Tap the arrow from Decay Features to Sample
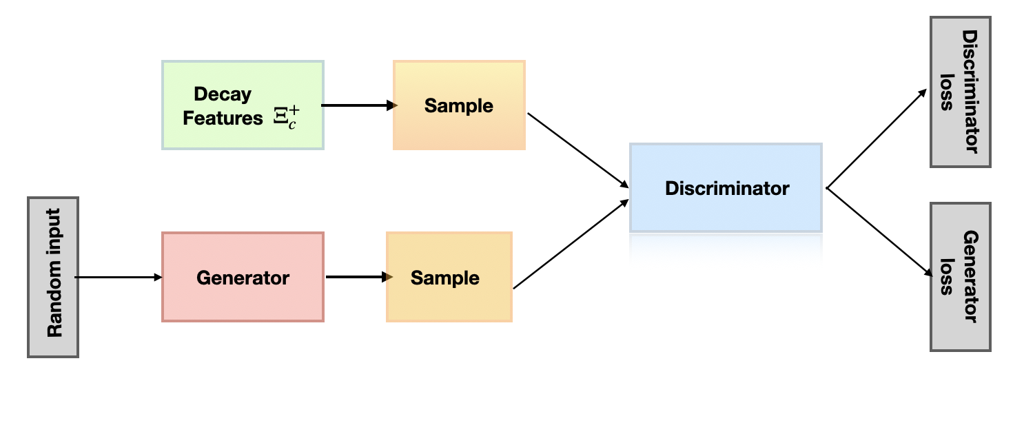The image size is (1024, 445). [358, 105]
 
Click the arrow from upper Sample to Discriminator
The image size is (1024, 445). [577, 149]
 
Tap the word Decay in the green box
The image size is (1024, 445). [223, 94]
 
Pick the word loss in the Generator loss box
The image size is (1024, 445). [948, 276]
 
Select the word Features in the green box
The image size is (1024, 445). [223, 118]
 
